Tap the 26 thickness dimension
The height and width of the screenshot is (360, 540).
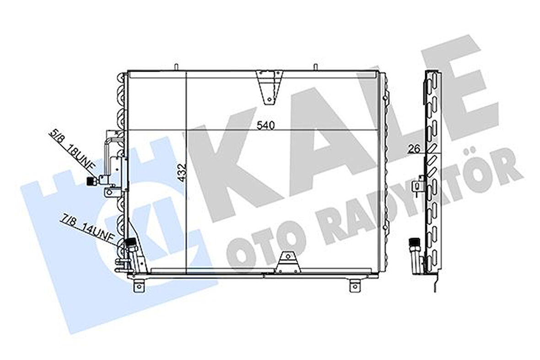click(415, 148)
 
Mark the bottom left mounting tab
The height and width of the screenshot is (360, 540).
click(140, 285)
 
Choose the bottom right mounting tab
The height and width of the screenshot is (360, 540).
click(355, 285)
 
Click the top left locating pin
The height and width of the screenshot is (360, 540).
click(175, 67)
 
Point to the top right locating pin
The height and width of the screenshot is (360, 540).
click(315, 67)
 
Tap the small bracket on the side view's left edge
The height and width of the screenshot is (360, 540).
click(418, 185)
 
